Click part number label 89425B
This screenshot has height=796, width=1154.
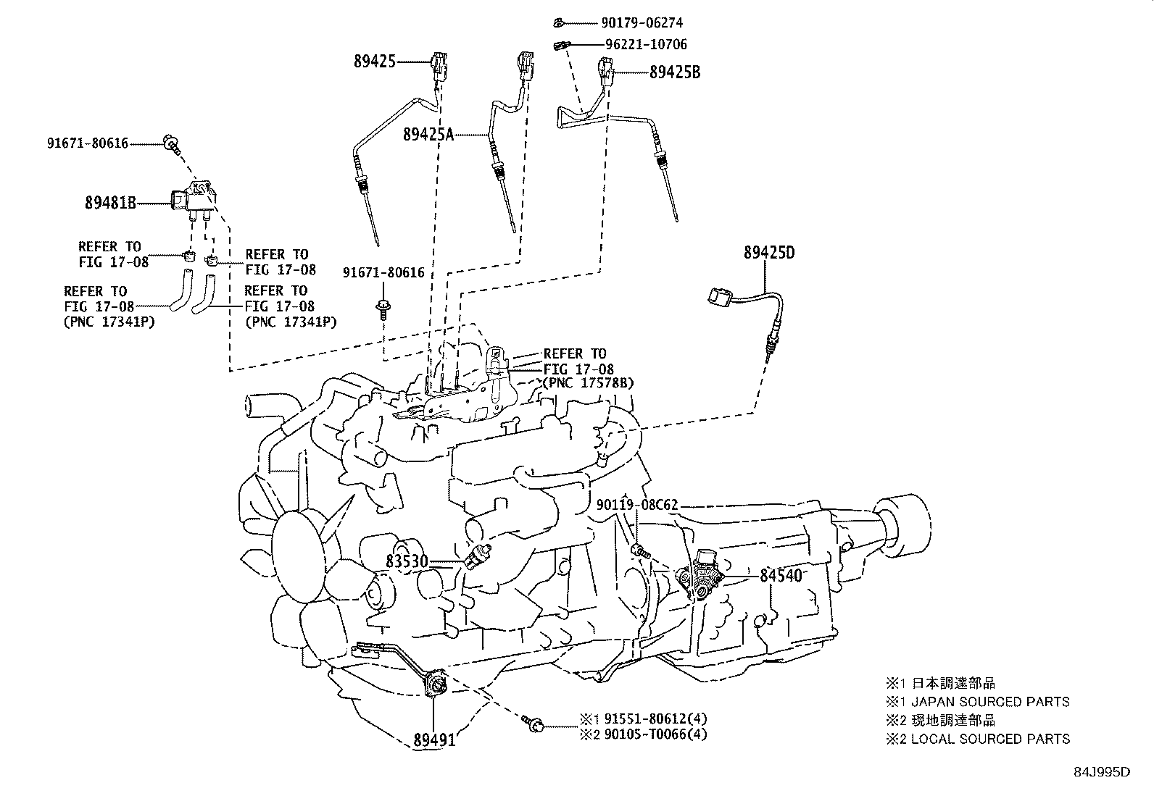(675, 72)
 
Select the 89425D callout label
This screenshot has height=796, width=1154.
(768, 253)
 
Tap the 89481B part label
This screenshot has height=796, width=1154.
(110, 204)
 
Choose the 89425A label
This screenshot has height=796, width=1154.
(428, 133)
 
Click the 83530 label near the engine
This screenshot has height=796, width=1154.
(407, 561)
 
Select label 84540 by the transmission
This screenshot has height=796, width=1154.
(781, 576)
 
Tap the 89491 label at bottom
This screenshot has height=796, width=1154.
(434, 740)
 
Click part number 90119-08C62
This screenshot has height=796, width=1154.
(637, 505)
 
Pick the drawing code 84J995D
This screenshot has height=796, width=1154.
(1102, 772)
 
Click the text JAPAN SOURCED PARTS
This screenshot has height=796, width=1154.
(989, 701)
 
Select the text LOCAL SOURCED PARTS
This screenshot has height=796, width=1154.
(989, 739)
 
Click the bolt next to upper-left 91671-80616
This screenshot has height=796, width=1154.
(172, 143)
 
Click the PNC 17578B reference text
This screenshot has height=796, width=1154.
(588, 382)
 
